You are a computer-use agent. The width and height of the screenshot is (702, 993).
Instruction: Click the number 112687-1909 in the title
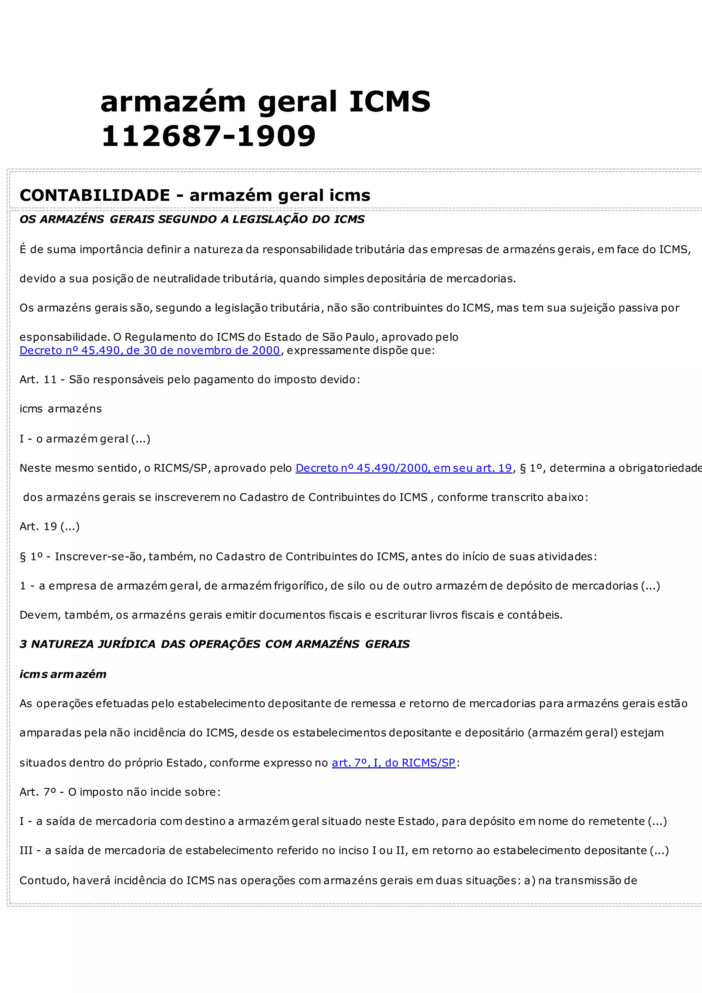(208, 136)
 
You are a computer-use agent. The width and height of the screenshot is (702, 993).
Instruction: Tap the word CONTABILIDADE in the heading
(95, 195)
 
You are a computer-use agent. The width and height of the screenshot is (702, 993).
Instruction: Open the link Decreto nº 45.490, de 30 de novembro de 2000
(149, 350)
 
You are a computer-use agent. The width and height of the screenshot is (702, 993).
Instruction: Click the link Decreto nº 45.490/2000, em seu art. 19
(403, 468)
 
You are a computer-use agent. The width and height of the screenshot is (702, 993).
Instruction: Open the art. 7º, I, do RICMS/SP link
(394, 763)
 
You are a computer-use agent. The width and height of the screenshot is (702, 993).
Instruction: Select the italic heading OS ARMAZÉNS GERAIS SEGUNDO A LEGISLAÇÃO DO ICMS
(192, 219)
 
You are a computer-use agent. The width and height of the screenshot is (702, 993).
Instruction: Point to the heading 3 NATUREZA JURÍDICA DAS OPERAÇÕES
(214, 644)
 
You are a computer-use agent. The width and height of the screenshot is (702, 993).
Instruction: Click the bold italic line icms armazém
(63, 674)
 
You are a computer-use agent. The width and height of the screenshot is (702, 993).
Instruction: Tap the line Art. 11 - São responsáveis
(189, 380)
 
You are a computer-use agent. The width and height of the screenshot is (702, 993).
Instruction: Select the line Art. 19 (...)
(49, 526)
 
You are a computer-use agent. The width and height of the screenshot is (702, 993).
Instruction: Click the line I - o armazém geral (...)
(85, 439)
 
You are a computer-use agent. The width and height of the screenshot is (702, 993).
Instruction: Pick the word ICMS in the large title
(389, 102)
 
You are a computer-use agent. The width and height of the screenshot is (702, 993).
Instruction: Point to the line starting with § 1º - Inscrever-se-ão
(308, 556)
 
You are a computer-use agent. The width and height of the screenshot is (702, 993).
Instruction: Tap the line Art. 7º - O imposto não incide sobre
(120, 792)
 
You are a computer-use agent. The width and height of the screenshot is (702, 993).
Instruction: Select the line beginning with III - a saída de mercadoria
(344, 850)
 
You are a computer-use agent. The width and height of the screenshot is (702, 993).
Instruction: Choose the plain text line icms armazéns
(61, 409)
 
